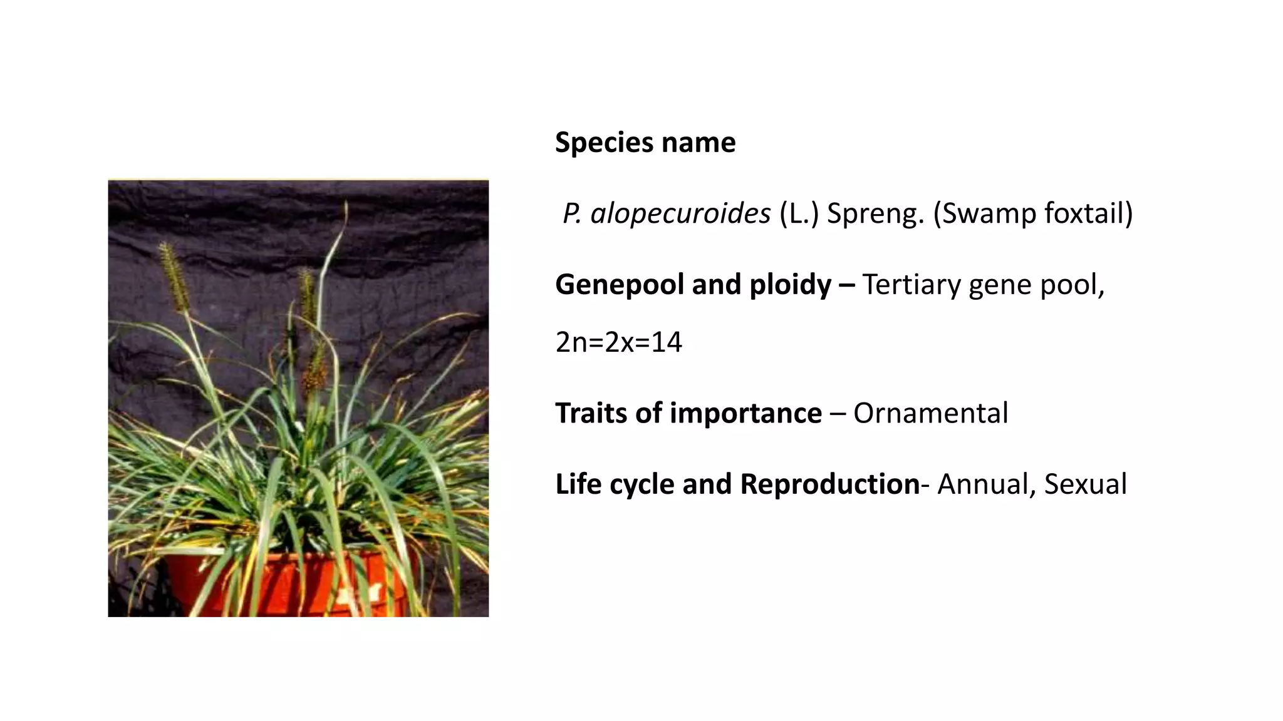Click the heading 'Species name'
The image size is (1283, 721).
(x=645, y=143)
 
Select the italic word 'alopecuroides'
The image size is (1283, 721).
(x=680, y=214)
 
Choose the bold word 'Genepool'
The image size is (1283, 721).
(x=620, y=285)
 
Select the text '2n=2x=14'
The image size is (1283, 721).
(x=618, y=342)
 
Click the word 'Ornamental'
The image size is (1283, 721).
(x=930, y=413)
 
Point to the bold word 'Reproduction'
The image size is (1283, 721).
(x=829, y=484)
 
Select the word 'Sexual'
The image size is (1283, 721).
(x=1086, y=484)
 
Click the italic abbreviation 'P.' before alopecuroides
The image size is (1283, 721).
(x=572, y=214)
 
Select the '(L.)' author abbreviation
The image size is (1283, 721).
(x=799, y=214)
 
